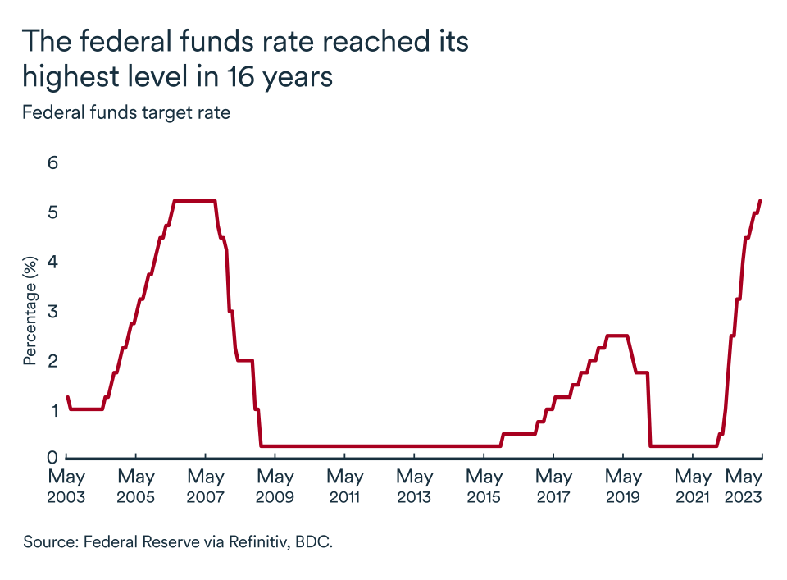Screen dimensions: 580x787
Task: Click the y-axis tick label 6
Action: pyautogui.click(x=53, y=162)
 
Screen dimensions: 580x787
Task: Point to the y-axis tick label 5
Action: pyautogui.click(x=53, y=212)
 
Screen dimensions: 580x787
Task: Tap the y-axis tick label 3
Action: pyautogui.click(x=53, y=311)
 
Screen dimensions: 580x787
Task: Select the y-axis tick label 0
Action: pyautogui.click(x=53, y=457)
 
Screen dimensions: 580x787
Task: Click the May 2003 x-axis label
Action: pyautogui.click(x=66, y=486)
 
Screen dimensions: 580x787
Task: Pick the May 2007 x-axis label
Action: pyautogui.click(x=206, y=486)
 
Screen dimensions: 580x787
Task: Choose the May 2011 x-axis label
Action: pyautogui.click(x=345, y=486)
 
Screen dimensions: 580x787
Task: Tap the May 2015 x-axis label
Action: pyautogui.click(x=484, y=486)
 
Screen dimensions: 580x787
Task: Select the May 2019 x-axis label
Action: pyautogui.click(x=623, y=486)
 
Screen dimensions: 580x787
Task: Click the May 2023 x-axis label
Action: pyautogui.click(x=745, y=486)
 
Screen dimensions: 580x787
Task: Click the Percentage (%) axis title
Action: pyautogui.click(x=30, y=310)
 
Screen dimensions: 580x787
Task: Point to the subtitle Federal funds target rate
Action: pyautogui.click(x=126, y=113)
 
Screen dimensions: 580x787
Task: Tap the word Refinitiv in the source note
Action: pyautogui.click(x=248, y=541)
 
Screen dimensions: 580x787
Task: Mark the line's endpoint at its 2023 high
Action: pyautogui.click(x=761, y=200)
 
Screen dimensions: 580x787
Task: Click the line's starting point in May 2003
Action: pyautogui.click(x=67, y=397)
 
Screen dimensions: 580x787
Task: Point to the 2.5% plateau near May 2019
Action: pyautogui.click(x=616, y=336)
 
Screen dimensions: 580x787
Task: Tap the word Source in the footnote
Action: pyautogui.click(x=48, y=541)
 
